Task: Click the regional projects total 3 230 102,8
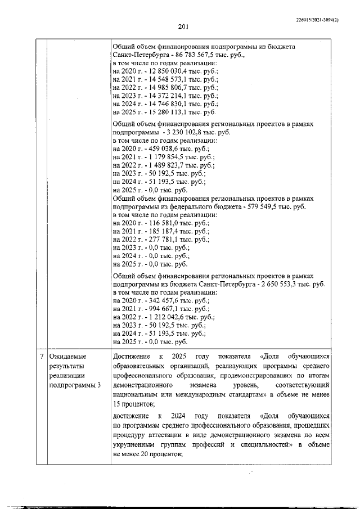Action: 201,132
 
